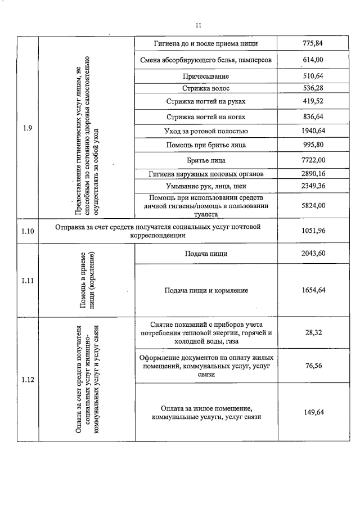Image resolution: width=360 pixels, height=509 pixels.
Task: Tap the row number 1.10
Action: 27,231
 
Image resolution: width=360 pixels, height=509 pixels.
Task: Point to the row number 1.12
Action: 27,380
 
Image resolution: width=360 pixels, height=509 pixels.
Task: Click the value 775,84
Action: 314,43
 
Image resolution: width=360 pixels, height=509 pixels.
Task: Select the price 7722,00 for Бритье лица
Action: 314,160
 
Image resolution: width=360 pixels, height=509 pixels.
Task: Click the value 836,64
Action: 314,117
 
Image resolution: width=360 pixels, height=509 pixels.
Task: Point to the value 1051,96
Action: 314,231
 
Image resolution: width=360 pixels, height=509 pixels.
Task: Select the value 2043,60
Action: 314,254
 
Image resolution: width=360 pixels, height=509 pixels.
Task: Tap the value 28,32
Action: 314,333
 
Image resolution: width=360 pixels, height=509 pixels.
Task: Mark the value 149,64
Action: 314,412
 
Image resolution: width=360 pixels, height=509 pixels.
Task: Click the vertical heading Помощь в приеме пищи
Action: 86,280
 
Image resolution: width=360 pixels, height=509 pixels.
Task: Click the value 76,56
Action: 314,366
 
